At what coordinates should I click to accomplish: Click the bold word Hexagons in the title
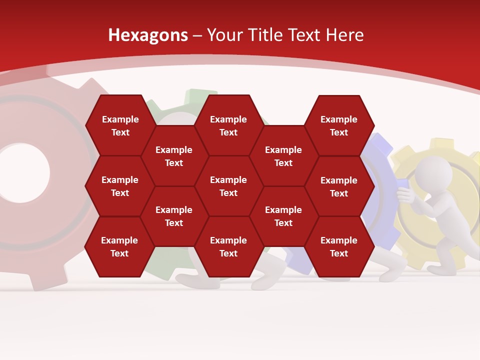[148, 35]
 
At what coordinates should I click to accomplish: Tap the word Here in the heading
[344, 35]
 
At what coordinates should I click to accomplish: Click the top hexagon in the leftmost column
[120, 125]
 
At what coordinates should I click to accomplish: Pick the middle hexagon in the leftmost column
[120, 186]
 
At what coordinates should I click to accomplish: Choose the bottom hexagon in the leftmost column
[119, 246]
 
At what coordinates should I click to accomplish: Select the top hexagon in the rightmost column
[339, 125]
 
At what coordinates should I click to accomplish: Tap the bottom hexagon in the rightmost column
[339, 246]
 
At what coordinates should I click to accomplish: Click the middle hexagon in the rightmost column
[339, 186]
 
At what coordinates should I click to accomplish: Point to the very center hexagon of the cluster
[228, 186]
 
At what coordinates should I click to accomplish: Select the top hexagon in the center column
[228, 125]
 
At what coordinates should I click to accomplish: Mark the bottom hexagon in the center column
[228, 246]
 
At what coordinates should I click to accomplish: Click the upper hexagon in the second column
[174, 156]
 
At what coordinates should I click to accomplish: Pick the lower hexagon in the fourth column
[283, 216]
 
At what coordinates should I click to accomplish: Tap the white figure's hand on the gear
[404, 196]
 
